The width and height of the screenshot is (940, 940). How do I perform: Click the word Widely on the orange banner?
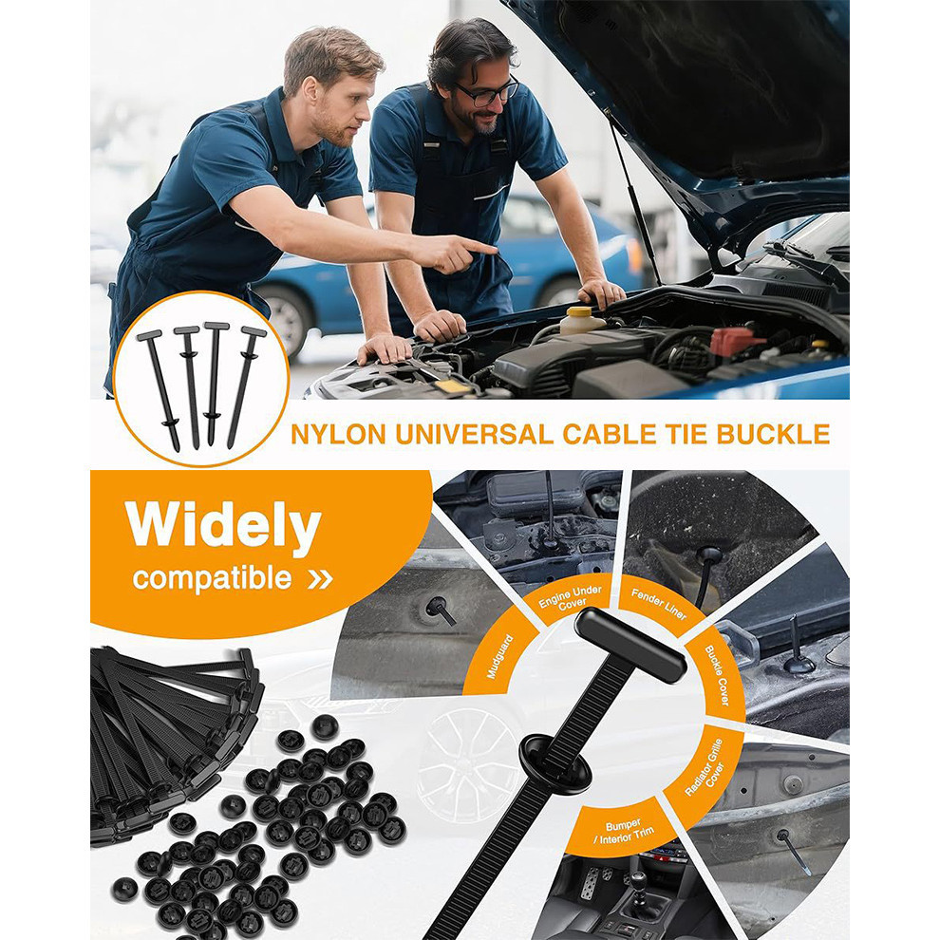224,526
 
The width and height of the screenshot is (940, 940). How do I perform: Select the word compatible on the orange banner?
213,578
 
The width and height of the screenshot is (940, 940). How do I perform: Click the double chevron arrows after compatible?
320,579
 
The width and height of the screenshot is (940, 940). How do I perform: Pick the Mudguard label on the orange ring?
500,657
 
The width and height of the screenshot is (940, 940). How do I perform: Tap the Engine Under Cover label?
570,599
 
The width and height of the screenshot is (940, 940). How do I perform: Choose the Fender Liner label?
659,604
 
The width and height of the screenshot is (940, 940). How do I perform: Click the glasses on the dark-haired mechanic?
487,93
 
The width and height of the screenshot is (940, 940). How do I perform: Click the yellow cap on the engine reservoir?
580,311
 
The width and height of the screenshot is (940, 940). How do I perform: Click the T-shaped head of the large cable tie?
630,647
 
